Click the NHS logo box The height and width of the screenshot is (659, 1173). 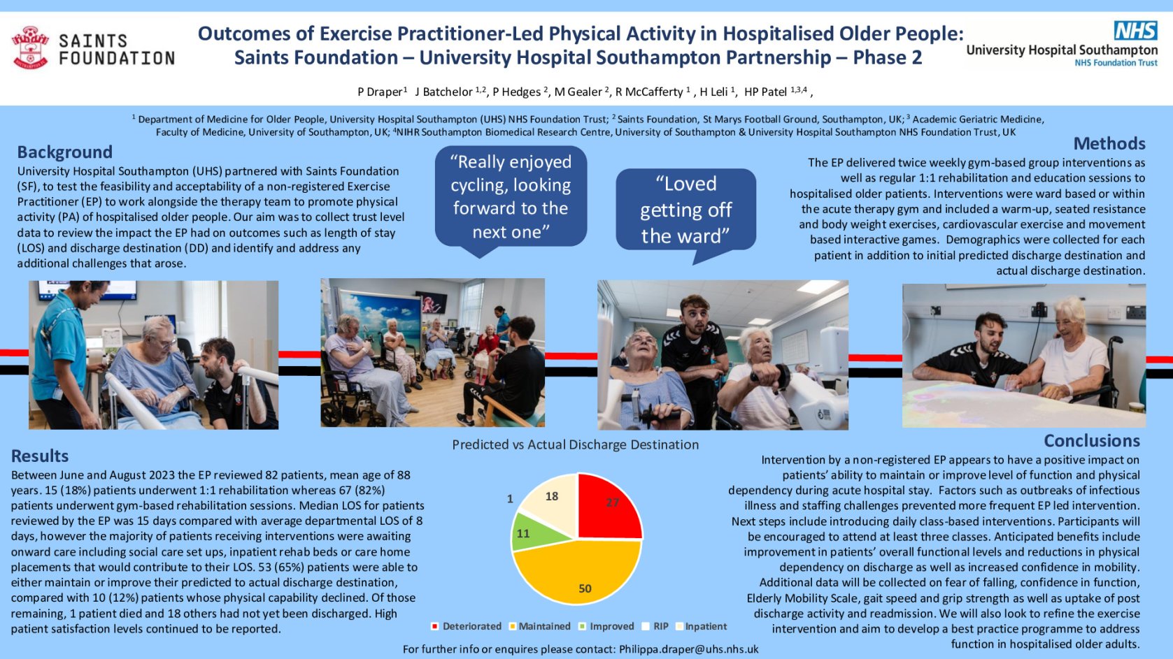(1135, 30)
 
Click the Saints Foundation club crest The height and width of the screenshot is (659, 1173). (30, 48)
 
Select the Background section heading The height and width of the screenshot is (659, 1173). (65, 152)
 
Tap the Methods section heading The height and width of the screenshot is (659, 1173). (1109, 143)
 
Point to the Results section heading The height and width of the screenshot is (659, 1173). (40, 456)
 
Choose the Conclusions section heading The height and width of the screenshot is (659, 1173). (1092, 441)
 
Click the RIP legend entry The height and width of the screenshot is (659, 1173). (655, 626)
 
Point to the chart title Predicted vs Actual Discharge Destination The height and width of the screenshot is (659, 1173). (575, 444)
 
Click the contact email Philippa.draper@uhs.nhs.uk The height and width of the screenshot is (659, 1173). (688, 649)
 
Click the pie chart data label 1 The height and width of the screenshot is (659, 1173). (510, 499)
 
